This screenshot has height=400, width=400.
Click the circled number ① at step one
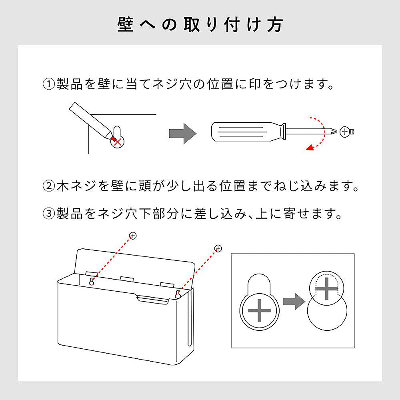(49, 84)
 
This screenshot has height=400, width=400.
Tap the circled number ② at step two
(49, 186)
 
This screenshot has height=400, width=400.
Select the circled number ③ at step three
(49, 214)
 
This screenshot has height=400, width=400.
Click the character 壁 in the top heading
(126, 25)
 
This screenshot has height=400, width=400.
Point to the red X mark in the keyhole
(117, 142)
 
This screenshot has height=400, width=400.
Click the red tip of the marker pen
(113, 138)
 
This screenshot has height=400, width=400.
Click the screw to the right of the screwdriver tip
(347, 132)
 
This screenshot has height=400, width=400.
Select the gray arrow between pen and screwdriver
(183, 134)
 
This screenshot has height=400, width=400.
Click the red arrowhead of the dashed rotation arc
(310, 148)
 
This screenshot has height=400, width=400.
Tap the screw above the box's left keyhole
(133, 236)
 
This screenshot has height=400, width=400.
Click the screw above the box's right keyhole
(218, 248)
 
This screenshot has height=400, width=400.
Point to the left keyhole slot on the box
(91, 281)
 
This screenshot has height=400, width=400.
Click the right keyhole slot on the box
(178, 294)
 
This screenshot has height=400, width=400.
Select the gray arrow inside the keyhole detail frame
(294, 302)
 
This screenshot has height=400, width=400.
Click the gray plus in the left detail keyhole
(259, 310)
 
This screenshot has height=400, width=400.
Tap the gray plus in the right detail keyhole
(327, 289)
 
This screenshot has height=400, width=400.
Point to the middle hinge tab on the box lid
(127, 278)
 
